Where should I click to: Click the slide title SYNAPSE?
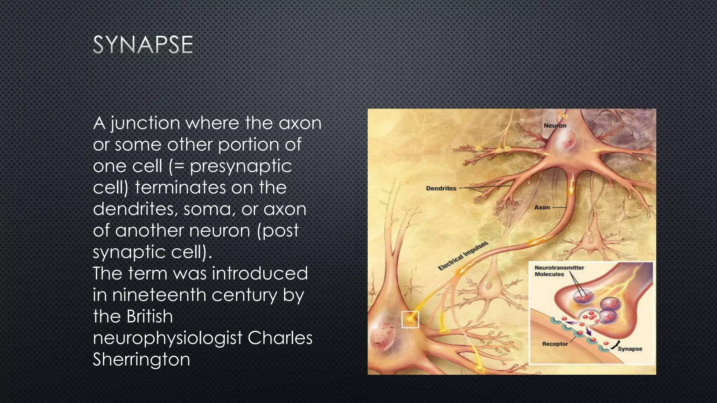(x=143, y=45)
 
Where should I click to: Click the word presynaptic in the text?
(x=241, y=166)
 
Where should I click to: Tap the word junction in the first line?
(x=145, y=123)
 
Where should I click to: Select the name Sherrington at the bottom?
(x=141, y=359)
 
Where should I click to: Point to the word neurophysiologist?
(x=168, y=338)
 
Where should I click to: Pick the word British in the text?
(x=149, y=317)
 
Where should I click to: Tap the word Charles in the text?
(x=280, y=338)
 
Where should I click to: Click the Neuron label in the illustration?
(x=555, y=126)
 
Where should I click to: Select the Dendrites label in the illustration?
(x=441, y=188)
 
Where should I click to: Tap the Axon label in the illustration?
(x=542, y=207)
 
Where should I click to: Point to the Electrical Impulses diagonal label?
(x=463, y=256)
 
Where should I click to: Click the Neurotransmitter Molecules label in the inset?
(x=559, y=271)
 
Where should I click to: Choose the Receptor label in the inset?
(x=555, y=344)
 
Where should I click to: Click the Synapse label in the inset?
(x=630, y=349)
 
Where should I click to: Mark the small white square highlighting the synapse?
(x=410, y=319)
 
